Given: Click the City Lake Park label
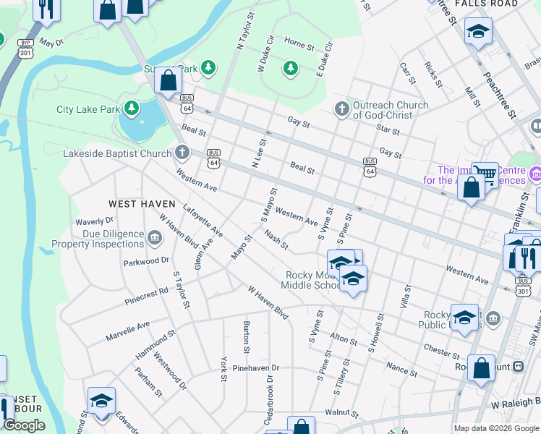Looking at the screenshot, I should tap(88, 110).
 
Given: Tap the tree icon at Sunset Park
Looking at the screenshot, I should tap(208, 68).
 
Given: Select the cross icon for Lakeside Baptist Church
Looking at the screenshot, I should tap(182, 153).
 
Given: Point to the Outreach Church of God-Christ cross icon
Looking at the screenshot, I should tap(341, 109).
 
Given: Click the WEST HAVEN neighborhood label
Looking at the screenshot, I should tap(142, 204).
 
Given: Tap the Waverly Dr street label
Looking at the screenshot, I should tap(95, 221).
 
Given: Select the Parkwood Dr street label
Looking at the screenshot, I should tap(146, 260).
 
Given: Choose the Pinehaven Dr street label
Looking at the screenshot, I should tap(255, 368).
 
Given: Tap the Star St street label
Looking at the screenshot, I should tap(388, 129).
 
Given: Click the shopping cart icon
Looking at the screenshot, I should tap(485, 172).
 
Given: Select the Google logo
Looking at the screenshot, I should tap(23, 425).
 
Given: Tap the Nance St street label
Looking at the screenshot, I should tap(401, 370).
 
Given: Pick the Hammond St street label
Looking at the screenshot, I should tap(156, 346).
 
